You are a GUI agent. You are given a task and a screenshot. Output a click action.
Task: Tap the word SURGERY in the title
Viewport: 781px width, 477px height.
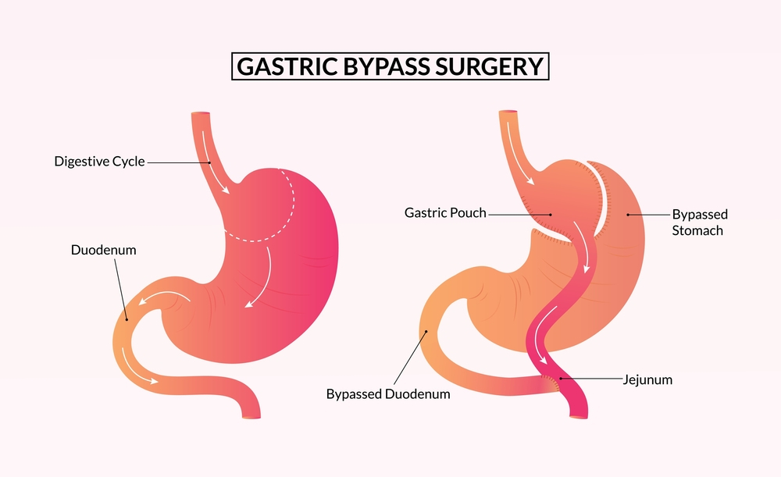coord(490,67)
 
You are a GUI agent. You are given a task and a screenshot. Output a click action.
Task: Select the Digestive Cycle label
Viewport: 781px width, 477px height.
coord(99,162)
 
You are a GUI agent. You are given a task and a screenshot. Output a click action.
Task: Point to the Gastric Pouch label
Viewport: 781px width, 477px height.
coord(445,213)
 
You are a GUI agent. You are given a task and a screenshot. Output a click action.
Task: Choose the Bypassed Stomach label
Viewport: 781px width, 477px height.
coord(700,222)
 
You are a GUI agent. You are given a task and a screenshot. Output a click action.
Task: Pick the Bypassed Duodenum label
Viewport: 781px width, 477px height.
coord(388,394)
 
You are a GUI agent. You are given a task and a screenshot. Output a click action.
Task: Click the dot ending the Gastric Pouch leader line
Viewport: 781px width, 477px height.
coord(551,214)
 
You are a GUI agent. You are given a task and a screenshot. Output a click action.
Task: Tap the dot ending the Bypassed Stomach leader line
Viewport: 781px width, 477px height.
coord(628,214)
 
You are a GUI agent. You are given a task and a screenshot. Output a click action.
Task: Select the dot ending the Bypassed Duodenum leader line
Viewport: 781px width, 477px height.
coord(426,331)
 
